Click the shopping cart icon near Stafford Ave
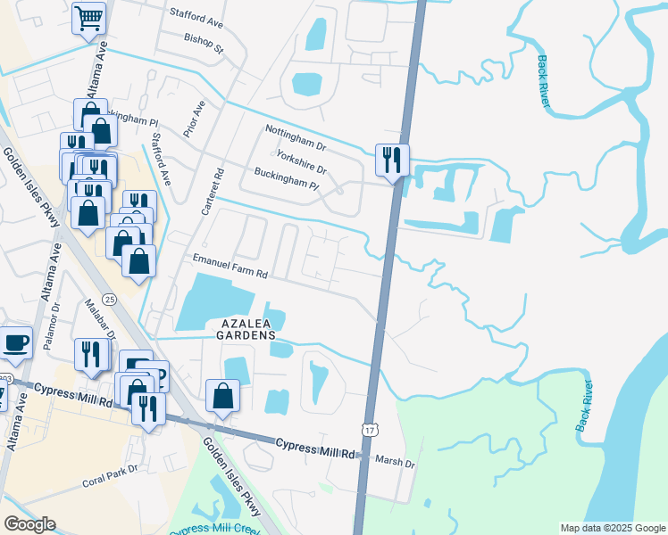click(88, 18)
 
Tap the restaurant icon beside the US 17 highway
click(392, 160)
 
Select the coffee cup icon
click(15, 342)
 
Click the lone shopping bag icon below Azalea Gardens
click(222, 396)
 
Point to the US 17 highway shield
click(369, 430)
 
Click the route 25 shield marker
click(109, 298)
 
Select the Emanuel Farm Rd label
click(230, 259)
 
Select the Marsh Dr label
click(396, 464)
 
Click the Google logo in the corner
click(29, 524)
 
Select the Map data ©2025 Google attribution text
click(612, 528)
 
